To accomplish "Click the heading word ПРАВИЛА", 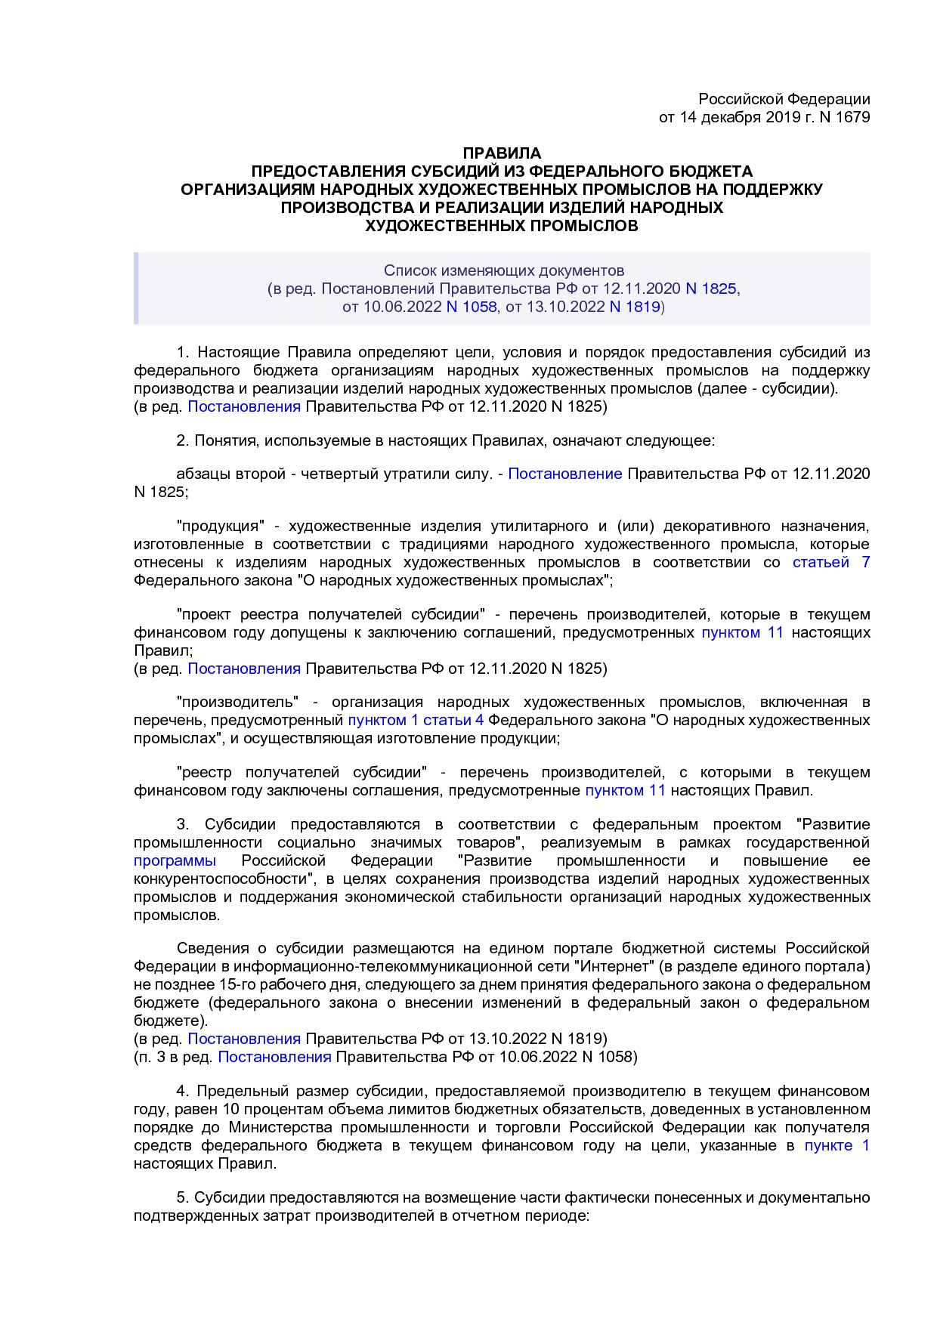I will [502, 153].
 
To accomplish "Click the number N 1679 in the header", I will [844, 117].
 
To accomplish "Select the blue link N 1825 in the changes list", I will [710, 289].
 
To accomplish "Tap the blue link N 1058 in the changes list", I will [472, 307].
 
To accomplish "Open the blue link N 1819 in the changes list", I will [635, 307].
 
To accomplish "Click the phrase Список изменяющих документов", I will [503, 270].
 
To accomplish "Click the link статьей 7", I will [830, 562].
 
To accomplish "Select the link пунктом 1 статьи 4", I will [416, 720].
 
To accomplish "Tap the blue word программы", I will [175, 861].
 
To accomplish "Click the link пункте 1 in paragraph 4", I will [836, 1146].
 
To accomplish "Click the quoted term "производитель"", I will [238, 702].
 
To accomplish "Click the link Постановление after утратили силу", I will [564, 474].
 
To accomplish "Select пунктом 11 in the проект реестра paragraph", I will [742, 632].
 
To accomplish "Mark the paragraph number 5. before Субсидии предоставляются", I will [182, 1197].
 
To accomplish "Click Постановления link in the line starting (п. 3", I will [274, 1057].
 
